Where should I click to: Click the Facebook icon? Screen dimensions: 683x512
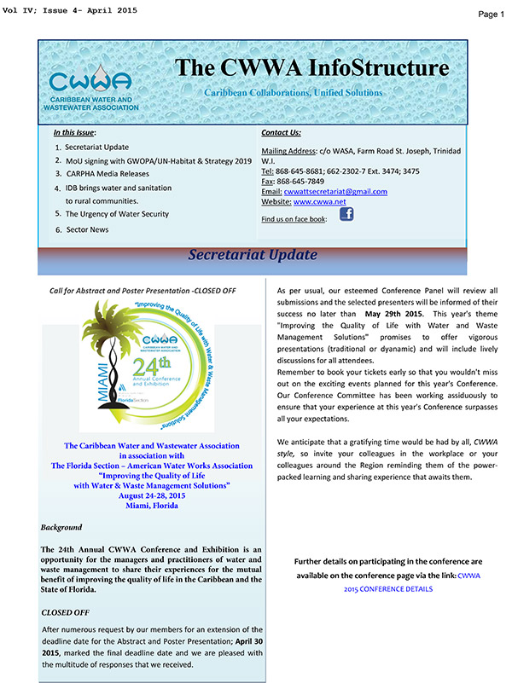coord(346,215)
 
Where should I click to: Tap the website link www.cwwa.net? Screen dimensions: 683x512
coord(316,202)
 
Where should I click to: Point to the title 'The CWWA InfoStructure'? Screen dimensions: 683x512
coord(311,67)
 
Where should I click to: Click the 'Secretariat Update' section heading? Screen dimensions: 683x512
coord(252,255)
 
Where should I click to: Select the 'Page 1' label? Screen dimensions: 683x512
coord(491,14)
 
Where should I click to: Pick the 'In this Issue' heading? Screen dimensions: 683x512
coord(74,133)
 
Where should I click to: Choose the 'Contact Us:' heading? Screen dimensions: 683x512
coord(281,133)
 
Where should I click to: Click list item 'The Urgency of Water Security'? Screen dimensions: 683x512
coord(117,214)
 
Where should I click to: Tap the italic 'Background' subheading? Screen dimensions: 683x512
coord(62,528)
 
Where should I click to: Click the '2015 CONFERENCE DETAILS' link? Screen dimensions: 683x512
coord(387,589)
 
